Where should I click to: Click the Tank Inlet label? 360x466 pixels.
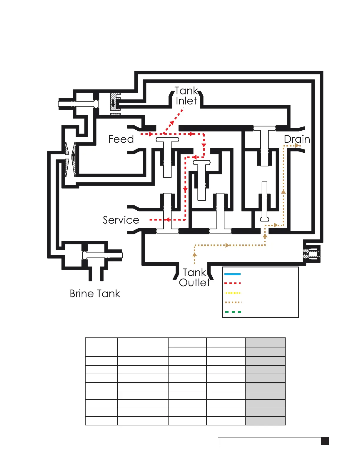pos(186,96)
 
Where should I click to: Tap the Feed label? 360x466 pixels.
pos(121,139)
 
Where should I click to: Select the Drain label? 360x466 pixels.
pos(297,139)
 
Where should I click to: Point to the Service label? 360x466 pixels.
pos(121,220)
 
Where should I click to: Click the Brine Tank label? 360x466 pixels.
pos(95,294)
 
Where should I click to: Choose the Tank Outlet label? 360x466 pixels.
pos(194,277)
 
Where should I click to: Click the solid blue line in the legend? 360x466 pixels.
pos(232,274)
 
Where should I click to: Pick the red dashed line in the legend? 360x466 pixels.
pos(232,284)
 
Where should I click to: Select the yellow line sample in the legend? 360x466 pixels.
pos(232,293)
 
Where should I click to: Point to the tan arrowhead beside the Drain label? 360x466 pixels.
pos(298,145)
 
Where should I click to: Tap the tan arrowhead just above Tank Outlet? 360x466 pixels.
pos(194,254)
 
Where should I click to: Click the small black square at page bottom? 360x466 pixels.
pos(325,441)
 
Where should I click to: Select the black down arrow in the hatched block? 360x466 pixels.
pos(113,103)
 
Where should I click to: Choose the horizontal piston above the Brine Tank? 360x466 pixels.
pos(102,255)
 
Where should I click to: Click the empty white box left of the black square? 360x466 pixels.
pos(269,441)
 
